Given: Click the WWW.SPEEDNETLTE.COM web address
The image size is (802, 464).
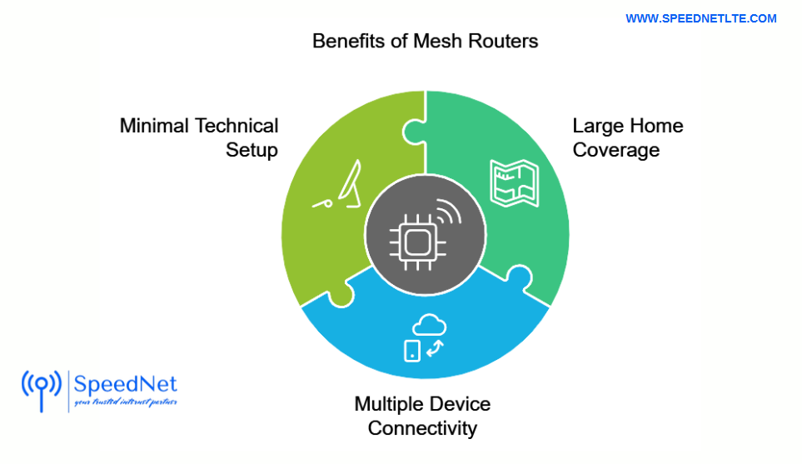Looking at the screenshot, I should (x=700, y=18).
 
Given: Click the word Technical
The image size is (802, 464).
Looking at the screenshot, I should (x=237, y=126).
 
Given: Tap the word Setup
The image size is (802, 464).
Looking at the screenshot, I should (x=252, y=151).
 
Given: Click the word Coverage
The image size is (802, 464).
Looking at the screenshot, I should (x=615, y=150).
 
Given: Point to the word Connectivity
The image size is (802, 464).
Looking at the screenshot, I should (x=422, y=428).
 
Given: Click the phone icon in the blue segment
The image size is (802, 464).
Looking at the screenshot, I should (x=412, y=351).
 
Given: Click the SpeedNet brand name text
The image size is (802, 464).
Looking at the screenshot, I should (x=125, y=384).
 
